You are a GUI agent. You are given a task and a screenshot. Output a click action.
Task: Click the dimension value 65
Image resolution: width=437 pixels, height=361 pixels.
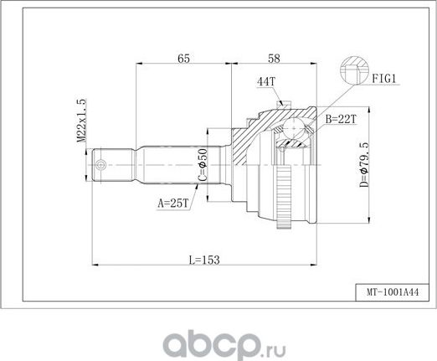point(183,57)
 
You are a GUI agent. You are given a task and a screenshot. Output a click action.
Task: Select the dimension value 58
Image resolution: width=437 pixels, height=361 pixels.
point(273,57)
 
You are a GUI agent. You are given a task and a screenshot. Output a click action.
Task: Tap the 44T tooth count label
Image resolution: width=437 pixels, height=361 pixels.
point(265,82)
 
